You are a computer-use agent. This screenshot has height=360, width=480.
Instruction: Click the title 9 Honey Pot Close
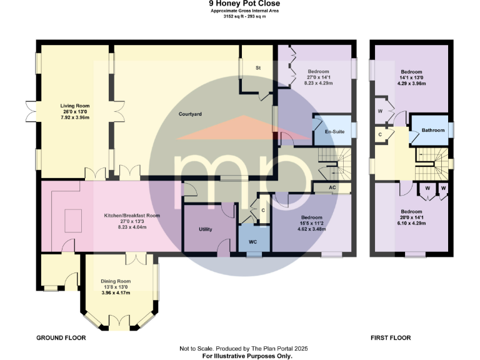[240, 4]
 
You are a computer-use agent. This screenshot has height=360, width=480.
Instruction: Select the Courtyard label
[190, 114]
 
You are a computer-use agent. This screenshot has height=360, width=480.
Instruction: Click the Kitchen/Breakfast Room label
[132, 215]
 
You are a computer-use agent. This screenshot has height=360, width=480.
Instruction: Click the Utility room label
[206, 229]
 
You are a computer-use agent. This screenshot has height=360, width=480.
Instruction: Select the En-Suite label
[334, 132]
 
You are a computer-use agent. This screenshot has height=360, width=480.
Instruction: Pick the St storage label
[257, 67]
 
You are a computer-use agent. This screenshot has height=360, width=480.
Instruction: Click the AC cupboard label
[333, 187]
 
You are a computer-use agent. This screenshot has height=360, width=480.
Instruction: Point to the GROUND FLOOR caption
[61, 337]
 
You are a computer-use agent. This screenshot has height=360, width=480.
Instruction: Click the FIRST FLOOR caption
[390, 337]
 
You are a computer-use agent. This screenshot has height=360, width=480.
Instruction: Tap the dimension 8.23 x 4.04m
[132, 228]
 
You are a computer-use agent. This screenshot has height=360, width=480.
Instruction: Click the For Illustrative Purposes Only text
[247, 356]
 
